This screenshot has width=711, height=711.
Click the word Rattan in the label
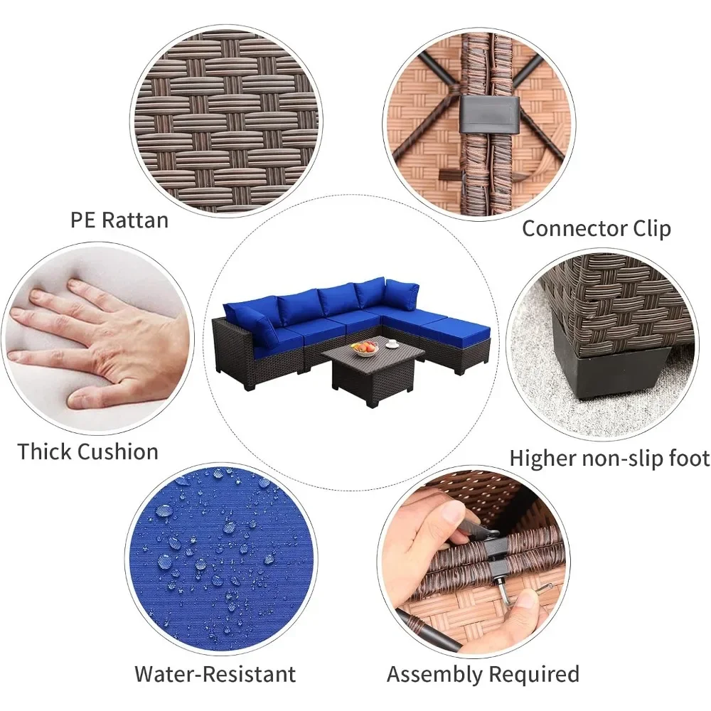click(x=135, y=220)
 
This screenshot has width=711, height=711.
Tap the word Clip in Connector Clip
click(x=651, y=228)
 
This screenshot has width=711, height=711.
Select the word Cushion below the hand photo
click(x=117, y=451)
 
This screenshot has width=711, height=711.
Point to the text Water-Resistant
click(x=215, y=674)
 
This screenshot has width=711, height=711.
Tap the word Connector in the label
click(x=574, y=228)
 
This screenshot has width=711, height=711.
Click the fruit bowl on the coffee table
click(x=364, y=348)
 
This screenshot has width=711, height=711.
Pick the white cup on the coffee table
click(x=391, y=345)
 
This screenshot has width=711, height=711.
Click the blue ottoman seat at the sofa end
click(x=456, y=327)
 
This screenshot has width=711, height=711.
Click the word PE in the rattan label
click(x=83, y=220)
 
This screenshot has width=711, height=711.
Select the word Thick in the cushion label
click(x=44, y=451)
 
